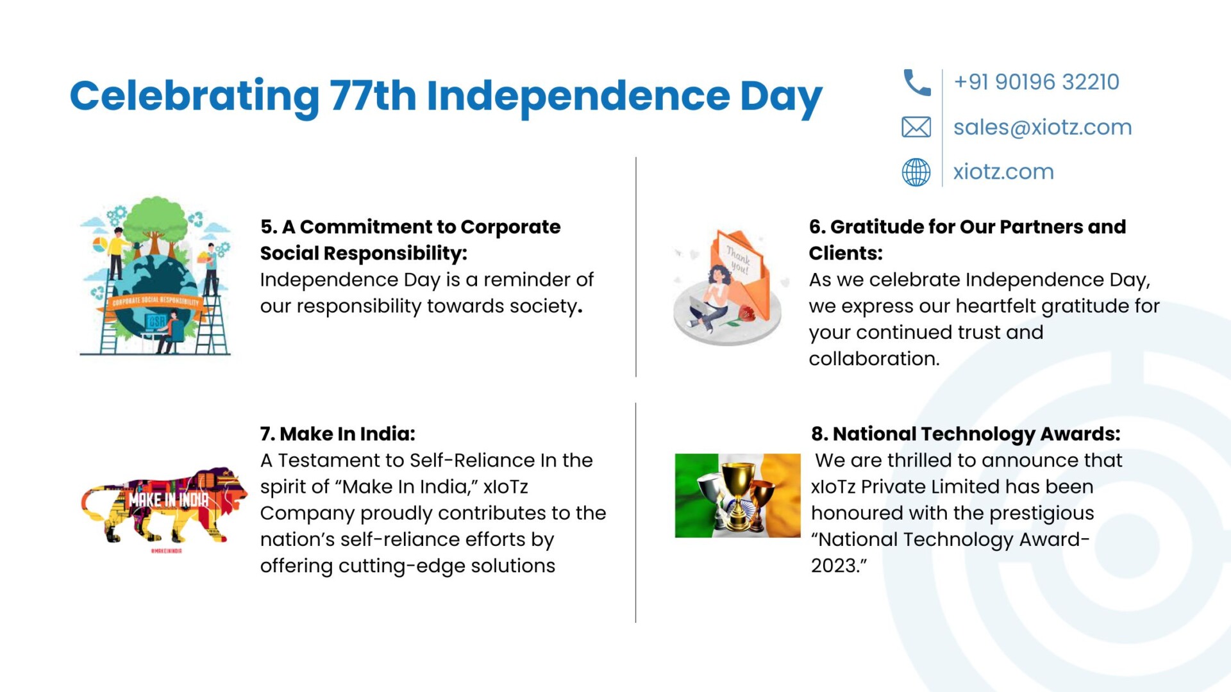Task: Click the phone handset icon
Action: (916, 83)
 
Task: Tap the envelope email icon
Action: (916, 127)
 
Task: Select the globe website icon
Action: (916, 172)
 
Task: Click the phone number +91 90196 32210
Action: (1036, 82)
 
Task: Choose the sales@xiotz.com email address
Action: (1043, 127)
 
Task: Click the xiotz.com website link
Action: (1003, 172)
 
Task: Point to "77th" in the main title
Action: (373, 96)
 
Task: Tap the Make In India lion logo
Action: (164, 506)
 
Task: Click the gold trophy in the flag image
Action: (738, 493)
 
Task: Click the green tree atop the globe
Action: (156, 221)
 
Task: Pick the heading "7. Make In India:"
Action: (338, 434)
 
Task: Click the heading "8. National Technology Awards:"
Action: (966, 434)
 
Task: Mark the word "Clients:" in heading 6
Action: (846, 253)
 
